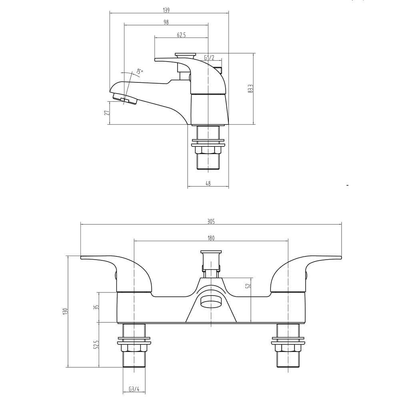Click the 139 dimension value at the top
(166, 10)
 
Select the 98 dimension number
(166, 22)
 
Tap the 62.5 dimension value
(181, 35)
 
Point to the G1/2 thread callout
(209, 58)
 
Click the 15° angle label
(139, 72)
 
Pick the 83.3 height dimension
(251, 88)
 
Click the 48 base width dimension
(208, 183)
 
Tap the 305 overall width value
(211, 222)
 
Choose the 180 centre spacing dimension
(211, 238)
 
